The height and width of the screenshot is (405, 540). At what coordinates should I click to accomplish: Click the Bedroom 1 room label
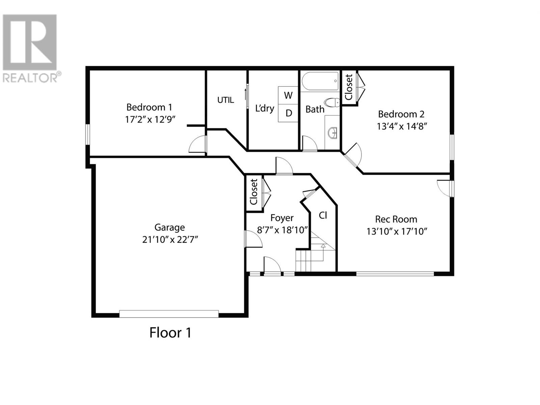(149, 107)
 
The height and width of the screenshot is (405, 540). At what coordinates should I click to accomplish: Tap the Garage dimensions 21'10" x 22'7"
(170, 239)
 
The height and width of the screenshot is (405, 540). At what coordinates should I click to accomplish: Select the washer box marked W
(288, 95)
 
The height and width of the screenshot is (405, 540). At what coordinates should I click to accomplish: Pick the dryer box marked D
(288, 113)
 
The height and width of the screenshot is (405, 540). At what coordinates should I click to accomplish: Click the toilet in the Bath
(332, 102)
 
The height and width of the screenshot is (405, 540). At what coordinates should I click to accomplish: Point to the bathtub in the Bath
(320, 81)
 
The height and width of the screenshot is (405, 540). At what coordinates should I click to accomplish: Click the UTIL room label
(225, 100)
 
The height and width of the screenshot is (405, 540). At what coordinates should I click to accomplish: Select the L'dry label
(265, 108)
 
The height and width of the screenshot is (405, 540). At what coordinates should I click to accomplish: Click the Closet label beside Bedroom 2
(349, 87)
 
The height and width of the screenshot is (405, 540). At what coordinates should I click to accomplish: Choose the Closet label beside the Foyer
(253, 192)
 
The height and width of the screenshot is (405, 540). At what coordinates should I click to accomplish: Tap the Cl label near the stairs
(323, 215)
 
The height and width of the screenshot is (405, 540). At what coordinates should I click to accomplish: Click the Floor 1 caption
(170, 333)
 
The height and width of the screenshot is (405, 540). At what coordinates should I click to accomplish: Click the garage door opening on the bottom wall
(169, 314)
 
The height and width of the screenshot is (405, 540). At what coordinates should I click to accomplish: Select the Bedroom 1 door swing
(197, 144)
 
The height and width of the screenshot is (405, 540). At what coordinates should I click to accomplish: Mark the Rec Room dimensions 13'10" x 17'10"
(397, 232)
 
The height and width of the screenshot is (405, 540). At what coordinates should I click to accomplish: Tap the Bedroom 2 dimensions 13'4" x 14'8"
(402, 126)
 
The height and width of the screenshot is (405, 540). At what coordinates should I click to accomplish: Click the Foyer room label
(282, 218)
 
